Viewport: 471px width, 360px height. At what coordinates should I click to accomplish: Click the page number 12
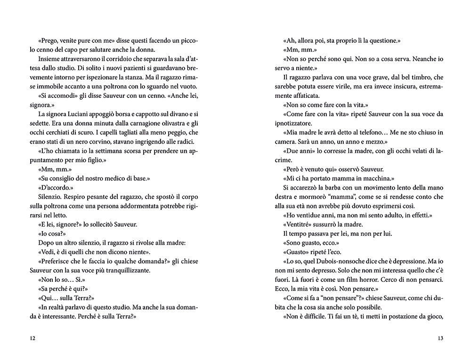pyautogui.click(x=32, y=338)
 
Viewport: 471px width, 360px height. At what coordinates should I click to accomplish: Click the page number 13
pyautogui.click(x=440, y=338)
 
